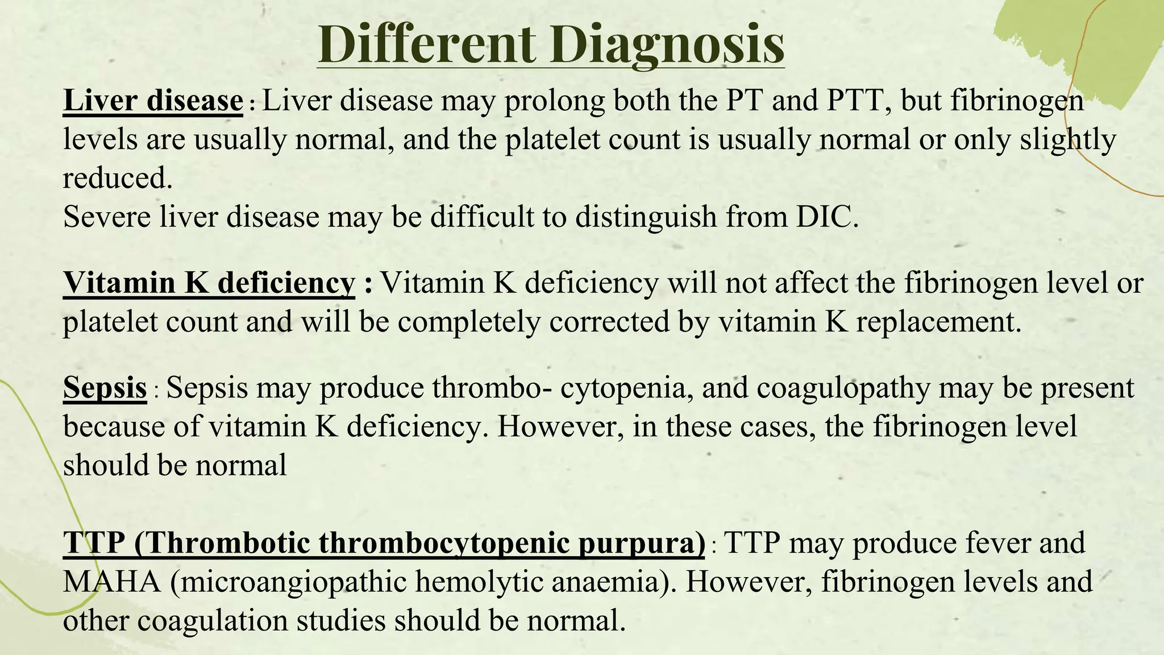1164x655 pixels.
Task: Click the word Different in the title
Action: [426, 44]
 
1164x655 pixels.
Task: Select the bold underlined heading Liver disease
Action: [153, 101]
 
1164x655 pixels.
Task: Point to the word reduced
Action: [117, 179]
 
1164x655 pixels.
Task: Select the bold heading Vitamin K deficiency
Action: [209, 283]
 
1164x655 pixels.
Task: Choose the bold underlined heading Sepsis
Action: [105, 388]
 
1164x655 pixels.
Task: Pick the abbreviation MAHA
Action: [111, 582]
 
